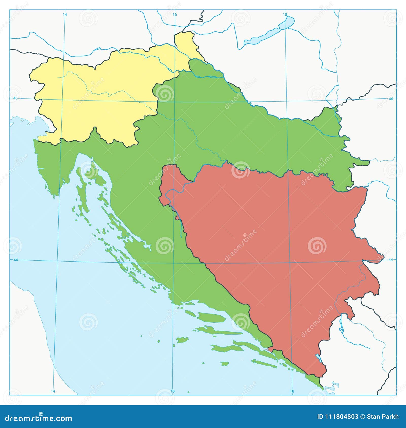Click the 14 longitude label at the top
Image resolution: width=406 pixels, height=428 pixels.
(65, 15)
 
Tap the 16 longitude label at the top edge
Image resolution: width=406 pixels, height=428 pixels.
(175, 15)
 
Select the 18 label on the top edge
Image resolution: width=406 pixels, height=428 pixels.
(285, 15)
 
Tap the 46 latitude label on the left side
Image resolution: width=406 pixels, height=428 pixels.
(15, 98)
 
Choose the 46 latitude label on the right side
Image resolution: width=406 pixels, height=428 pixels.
(391, 99)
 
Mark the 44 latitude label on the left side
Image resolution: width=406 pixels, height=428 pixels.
(15, 260)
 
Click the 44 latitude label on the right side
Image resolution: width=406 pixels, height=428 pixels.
(391, 260)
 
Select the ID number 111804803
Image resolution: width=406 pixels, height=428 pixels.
(337, 417)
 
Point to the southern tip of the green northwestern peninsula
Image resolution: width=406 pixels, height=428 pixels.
(54, 195)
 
